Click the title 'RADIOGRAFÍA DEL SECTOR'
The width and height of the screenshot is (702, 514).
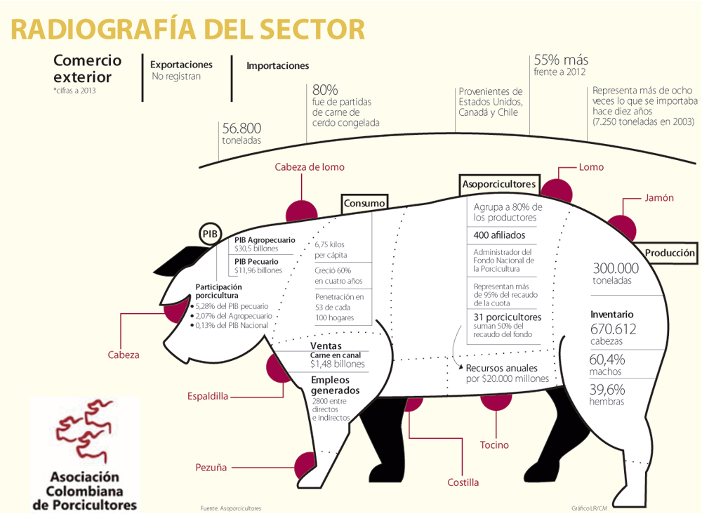(188, 29)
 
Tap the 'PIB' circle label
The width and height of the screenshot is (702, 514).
(210, 234)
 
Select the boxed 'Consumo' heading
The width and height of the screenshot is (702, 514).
(364, 204)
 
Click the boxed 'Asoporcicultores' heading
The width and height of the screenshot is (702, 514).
(499, 185)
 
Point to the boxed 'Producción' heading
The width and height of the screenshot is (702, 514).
(670, 253)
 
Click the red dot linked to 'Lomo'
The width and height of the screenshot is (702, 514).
(555, 191)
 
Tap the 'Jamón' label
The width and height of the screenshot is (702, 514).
(659, 198)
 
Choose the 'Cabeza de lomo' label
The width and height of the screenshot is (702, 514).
(310, 167)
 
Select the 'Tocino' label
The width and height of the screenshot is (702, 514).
(494, 445)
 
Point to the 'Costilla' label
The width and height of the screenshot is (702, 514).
(463, 483)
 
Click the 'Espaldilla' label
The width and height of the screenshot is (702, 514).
(208, 396)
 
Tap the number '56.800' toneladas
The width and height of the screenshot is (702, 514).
(241, 128)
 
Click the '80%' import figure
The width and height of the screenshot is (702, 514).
(325, 90)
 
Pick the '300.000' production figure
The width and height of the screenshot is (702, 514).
(616, 268)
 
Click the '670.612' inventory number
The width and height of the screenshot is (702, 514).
(614, 328)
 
